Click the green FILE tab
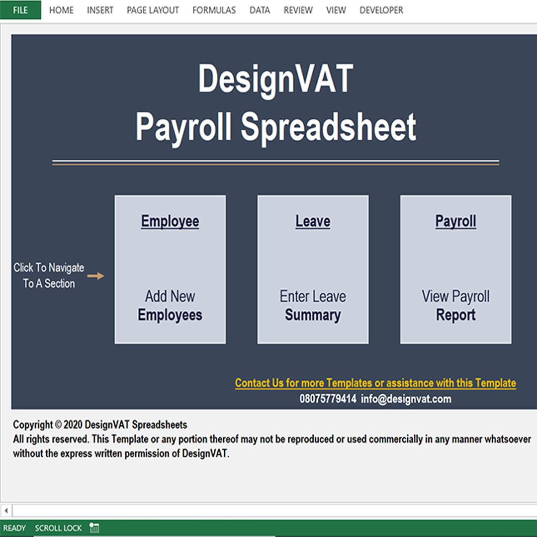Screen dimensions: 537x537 coord(20,10)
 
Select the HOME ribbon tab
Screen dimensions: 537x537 coord(61,10)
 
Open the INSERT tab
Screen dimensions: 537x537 coord(100,10)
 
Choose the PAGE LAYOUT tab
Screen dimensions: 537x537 coord(153,10)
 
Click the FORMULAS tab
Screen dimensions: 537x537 coord(214,10)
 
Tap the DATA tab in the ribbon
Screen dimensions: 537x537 coord(260,10)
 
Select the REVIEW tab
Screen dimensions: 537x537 coord(298,10)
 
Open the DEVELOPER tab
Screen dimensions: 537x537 coord(381,10)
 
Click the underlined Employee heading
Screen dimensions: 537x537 coord(170,222)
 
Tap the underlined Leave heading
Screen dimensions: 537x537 coord(313,222)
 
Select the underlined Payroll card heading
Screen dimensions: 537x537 coord(455,222)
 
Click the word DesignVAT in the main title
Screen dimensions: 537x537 coord(275,80)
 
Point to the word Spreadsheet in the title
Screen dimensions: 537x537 coord(329,127)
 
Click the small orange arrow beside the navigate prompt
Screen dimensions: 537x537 coord(95,275)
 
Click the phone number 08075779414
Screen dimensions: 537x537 coord(328,399)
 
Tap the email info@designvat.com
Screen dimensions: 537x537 coord(406,399)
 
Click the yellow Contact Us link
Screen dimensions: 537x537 coord(375,383)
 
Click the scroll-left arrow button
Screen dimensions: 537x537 coord(6,510)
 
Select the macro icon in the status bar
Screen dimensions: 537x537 coord(94,528)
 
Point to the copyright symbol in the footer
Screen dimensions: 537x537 coord(58,425)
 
